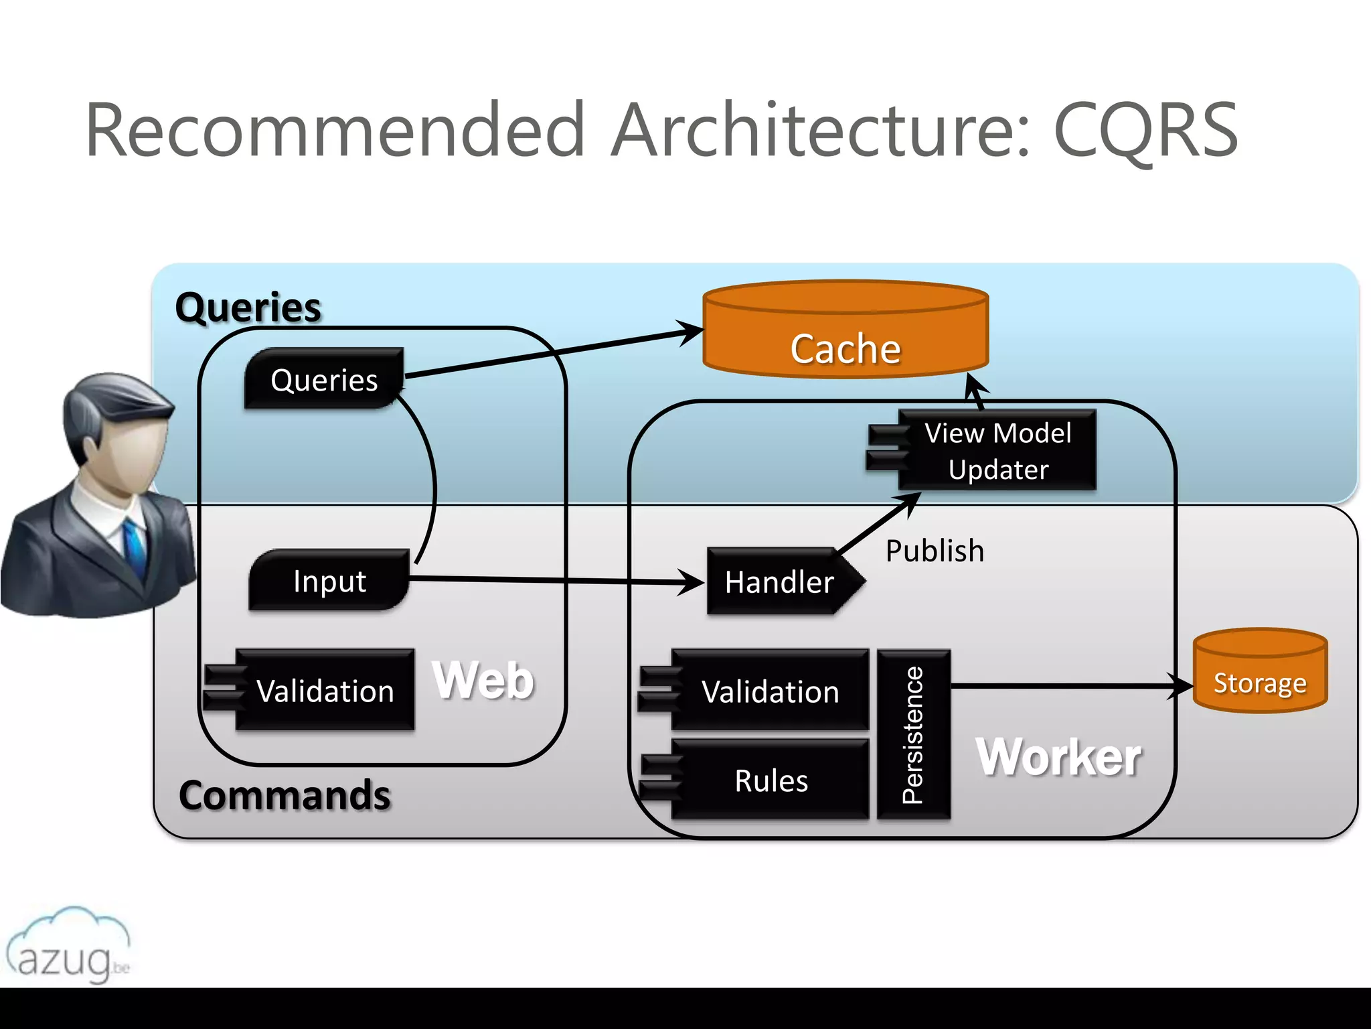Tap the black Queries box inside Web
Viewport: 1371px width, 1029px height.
pyautogui.click(x=324, y=379)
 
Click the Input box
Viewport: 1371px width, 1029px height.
pyautogui.click(x=329, y=580)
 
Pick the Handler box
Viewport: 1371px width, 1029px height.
pyautogui.click(x=780, y=581)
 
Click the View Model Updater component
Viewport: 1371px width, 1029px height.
pyautogui.click(x=997, y=450)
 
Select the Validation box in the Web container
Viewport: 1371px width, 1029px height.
pyautogui.click(x=325, y=690)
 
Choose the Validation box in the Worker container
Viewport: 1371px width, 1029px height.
pyautogui.click(x=770, y=691)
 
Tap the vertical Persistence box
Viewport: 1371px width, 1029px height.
pyautogui.click(x=914, y=734)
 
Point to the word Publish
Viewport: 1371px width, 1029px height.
pyautogui.click(x=935, y=551)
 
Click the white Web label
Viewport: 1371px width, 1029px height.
pyautogui.click(x=483, y=680)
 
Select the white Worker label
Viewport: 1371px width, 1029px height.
pyautogui.click(x=1058, y=757)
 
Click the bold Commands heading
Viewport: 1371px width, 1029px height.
pyautogui.click(x=285, y=795)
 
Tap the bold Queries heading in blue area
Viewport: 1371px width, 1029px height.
pyautogui.click(x=248, y=307)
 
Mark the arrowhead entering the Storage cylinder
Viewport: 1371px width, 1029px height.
pyautogui.click(x=1182, y=686)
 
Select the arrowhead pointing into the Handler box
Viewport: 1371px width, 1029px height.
pyautogui.click(x=694, y=582)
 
